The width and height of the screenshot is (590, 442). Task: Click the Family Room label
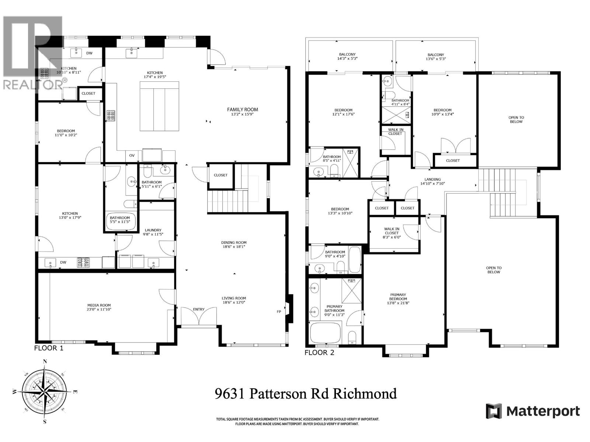click(242, 109)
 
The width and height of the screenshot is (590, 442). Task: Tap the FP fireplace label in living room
click(279, 312)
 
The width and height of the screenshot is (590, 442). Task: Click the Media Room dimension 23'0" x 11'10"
click(99, 309)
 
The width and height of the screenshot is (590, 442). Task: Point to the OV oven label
click(132, 155)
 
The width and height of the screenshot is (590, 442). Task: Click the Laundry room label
click(153, 230)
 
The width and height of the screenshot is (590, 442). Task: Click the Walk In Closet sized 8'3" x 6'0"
click(392, 233)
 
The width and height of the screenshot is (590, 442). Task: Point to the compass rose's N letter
click(45, 361)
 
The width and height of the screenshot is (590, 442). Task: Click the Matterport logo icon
click(494, 411)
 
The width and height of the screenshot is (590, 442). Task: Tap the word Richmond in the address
click(365, 394)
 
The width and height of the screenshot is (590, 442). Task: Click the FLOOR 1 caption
click(49, 348)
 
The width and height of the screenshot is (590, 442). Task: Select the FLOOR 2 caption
click(319, 352)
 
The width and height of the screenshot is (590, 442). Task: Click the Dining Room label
click(234, 243)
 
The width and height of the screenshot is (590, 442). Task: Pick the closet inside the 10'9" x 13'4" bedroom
click(453, 161)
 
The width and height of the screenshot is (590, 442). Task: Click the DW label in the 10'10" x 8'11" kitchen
click(89, 53)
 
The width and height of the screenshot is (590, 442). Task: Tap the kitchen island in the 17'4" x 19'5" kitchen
click(159, 106)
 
